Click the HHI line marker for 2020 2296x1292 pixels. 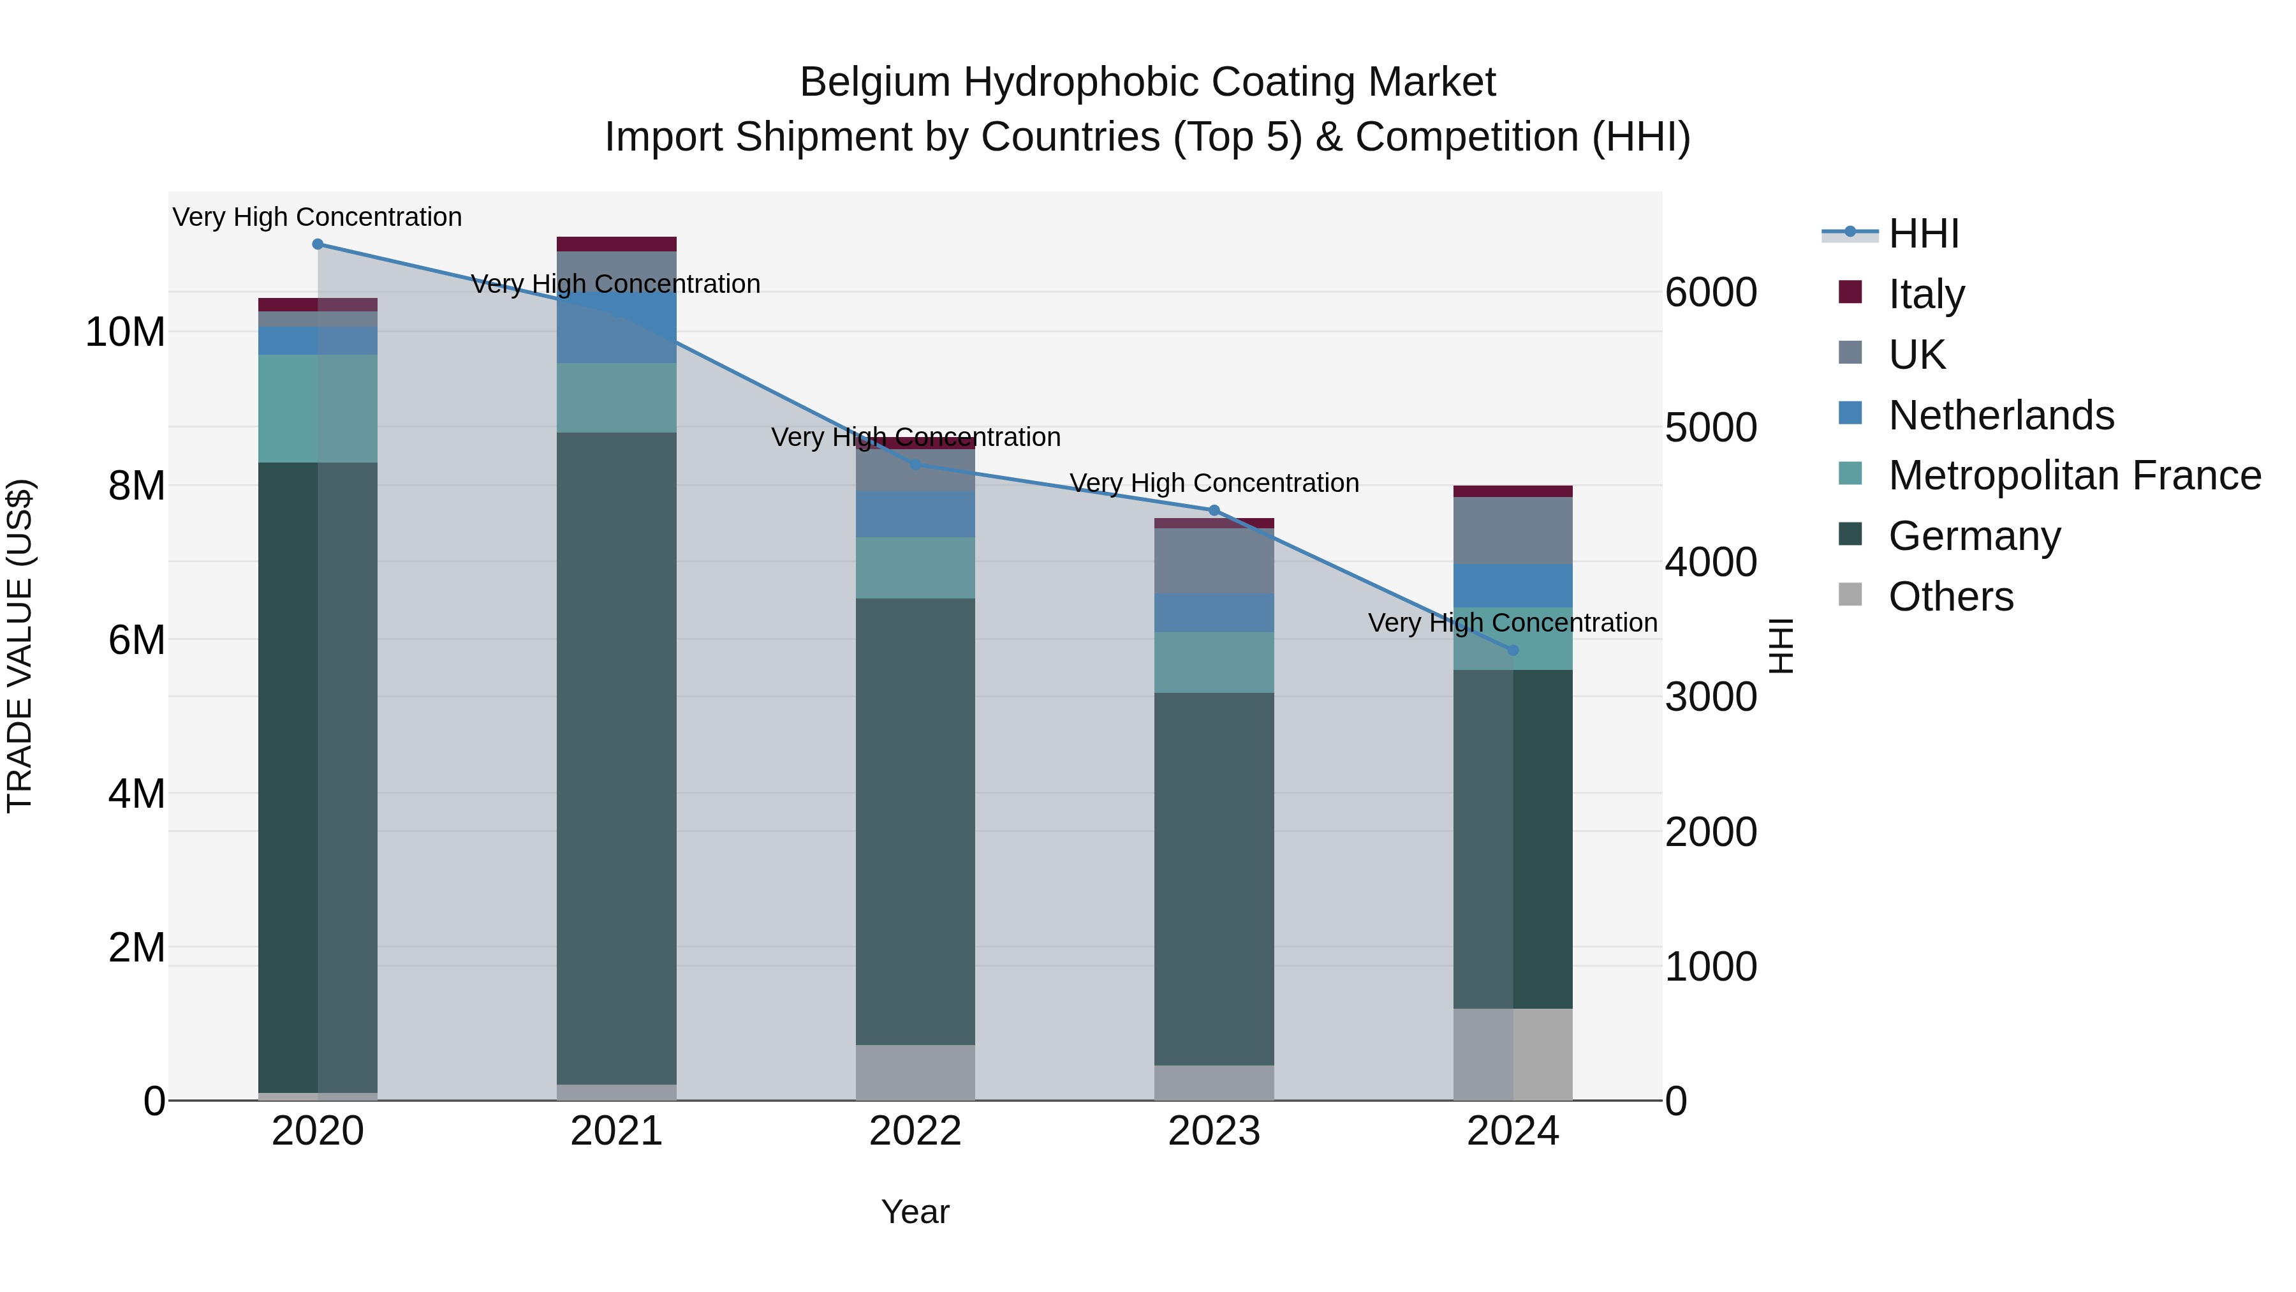point(318,244)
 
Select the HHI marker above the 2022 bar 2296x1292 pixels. point(915,464)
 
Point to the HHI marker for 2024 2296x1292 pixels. point(1513,651)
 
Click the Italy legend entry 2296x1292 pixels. point(1925,294)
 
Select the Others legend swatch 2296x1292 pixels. point(1850,595)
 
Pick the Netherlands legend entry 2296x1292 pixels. point(2000,415)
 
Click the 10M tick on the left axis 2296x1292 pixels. point(125,332)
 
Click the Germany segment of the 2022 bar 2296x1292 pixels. point(915,820)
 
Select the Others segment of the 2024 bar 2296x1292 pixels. point(1513,1054)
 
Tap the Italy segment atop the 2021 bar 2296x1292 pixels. point(616,244)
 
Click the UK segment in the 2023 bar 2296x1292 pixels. point(1214,561)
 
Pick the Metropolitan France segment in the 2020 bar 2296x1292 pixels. point(318,408)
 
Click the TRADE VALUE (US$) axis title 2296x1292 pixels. point(20,646)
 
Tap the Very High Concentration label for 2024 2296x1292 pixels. point(1513,622)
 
